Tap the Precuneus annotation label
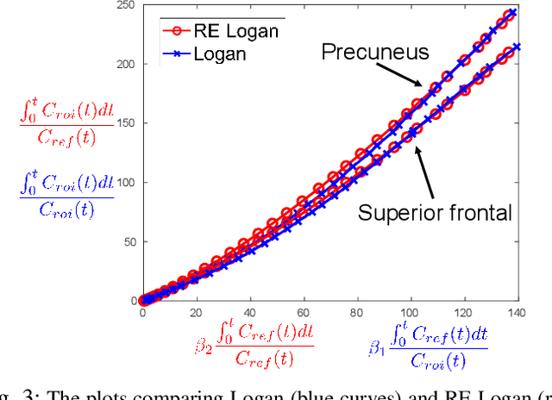tap(375, 52)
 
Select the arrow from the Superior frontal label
tap(423, 170)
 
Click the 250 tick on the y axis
tap(123, 5)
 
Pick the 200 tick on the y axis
tap(123, 65)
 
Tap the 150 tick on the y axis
tap(123, 123)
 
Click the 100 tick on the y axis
tap(123, 183)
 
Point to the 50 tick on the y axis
tap(127, 242)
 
